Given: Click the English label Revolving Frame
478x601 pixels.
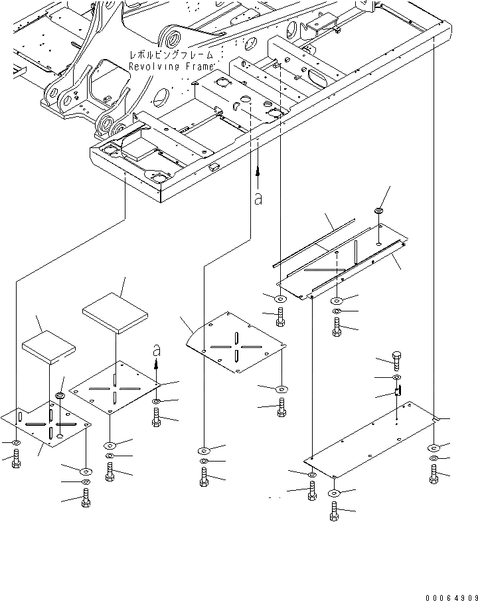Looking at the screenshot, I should pyautogui.click(x=171, y=67).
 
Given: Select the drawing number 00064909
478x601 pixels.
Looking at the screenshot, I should pyautogui.click(x=448, y=592).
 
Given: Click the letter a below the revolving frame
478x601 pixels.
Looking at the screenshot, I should pyautogui.click(x=258, y=197).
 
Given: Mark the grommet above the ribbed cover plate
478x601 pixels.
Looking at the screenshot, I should pyautogui.click(x=380, y=211).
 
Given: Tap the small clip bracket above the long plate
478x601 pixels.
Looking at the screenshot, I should pyautogui.click(x=398, y=392).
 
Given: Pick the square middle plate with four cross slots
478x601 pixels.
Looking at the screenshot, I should pyautogui.click(x=114, y=391).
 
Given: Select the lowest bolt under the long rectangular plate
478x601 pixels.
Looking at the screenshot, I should pyautogui.click(x=333, y=512).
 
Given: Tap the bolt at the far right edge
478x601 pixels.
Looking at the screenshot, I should pyautogui.click(x=434, y=474).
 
